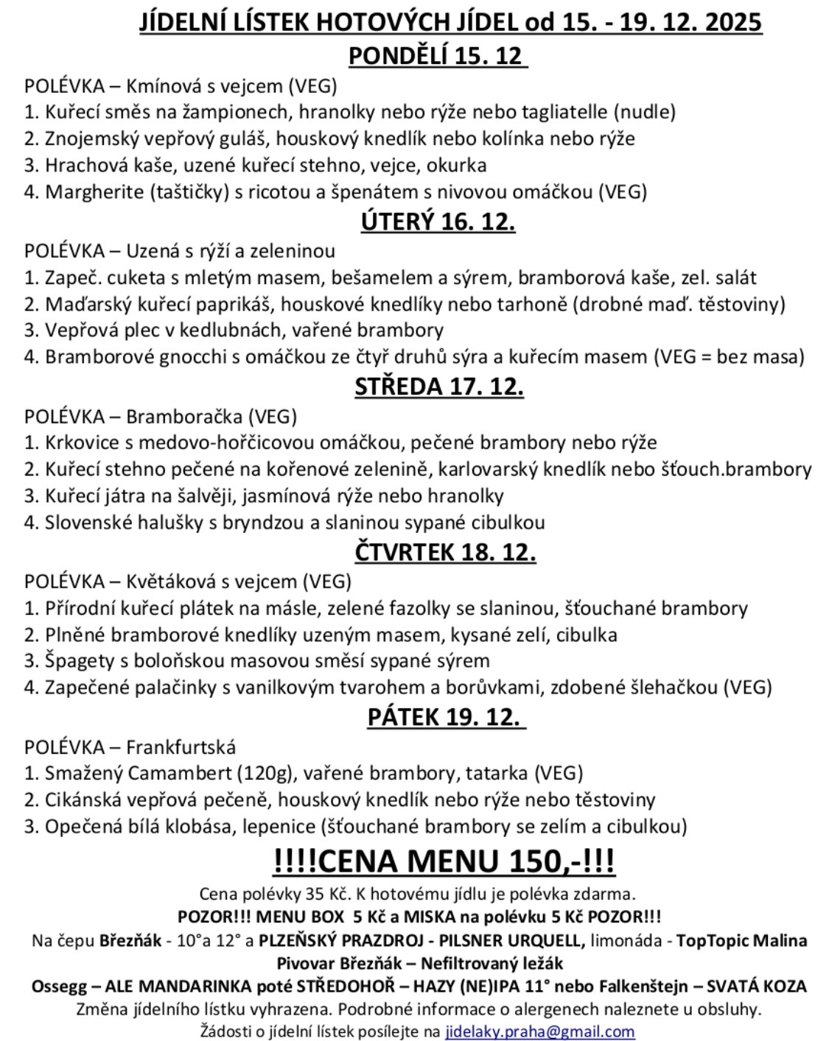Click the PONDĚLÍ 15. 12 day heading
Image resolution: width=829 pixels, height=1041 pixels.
coord(437,56)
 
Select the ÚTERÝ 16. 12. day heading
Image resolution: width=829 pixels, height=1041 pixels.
coord(438,222)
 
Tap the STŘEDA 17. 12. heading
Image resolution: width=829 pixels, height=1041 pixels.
coord(439,387)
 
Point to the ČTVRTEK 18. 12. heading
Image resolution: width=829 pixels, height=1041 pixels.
coord(445,552)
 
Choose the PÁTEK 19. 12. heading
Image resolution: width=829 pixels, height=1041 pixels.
coord(446,717)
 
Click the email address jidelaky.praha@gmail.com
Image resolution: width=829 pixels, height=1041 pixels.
coord(540,1031)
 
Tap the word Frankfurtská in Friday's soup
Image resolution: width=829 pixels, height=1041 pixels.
coord(181,747)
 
